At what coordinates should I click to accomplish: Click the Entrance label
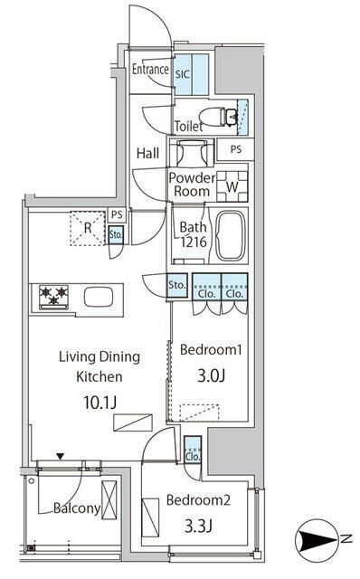[x=150, y=69]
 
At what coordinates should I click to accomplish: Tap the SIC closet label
[x=183, y=74]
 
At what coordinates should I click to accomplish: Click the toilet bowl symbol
[x=218, y=117]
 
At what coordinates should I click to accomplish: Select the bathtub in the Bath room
[x=231, y=236]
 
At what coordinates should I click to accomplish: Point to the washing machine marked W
[x=232, y=186]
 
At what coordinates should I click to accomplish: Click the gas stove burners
[x=54, y=297]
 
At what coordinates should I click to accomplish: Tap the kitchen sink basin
[x=99, y=298]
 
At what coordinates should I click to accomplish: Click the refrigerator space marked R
[x=88, y=228]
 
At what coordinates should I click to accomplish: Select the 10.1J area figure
[x=99, y=402]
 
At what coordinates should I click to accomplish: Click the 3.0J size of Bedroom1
[x=211, y=375]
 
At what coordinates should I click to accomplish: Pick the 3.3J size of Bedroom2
[x=198, y=526]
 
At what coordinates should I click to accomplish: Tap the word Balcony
[x=77, y=508]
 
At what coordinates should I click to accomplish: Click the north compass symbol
[x=316, y=539]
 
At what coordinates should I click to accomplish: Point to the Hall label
[x=147, y=153]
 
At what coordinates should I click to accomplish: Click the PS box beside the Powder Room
[x=235, y=149]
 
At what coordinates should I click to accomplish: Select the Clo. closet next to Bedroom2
[x=193, y=450]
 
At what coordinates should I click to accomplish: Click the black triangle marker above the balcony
[x=61, y=457]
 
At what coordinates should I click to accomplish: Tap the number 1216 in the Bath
[x=194, y=242]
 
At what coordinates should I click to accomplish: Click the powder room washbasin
[x=191, y=153]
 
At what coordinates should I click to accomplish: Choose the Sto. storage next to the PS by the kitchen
[x=115, y=234]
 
